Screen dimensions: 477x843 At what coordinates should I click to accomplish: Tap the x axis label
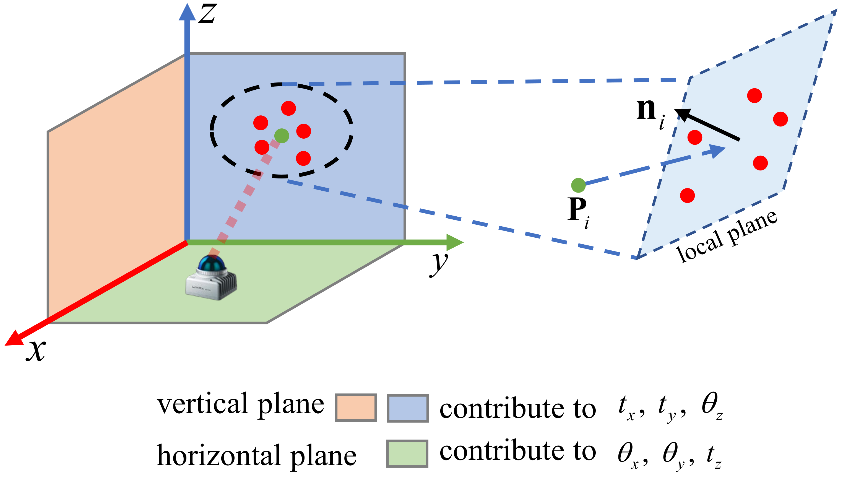[36, 351]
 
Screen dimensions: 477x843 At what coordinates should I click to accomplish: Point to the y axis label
[439, 264]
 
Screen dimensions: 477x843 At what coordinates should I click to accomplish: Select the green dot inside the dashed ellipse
[282, 136]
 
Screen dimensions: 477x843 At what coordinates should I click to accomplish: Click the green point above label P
[578, 185]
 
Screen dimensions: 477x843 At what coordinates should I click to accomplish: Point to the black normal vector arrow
[707, 125]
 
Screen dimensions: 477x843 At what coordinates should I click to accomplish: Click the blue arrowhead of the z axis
[187, 13]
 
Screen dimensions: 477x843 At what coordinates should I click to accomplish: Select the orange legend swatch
[356, 408]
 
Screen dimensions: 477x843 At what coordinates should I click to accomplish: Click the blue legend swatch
[408, 408]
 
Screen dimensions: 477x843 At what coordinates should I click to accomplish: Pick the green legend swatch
[407, 454]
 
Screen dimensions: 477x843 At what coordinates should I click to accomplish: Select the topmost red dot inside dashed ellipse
[288, 108]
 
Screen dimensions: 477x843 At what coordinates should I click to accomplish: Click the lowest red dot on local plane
[687, 196]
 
